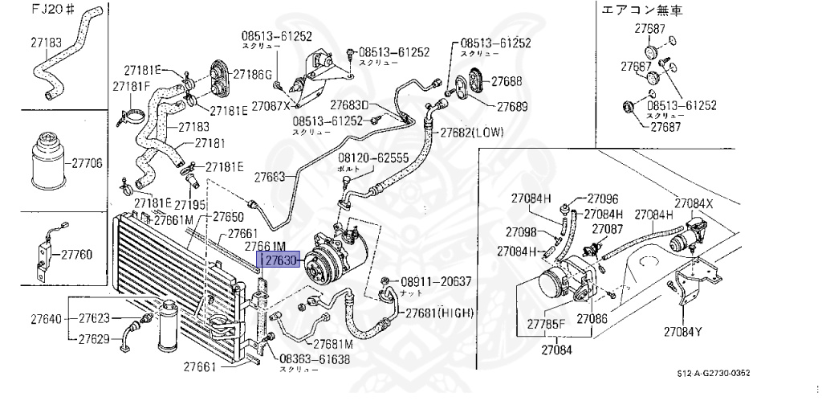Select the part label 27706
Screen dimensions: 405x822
coord(87,163)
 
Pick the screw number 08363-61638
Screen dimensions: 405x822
coord(315,359)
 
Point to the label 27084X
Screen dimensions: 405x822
coord(694,203)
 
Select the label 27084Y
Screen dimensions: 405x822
coord(683,330)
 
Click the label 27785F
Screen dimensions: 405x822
coord(547,325)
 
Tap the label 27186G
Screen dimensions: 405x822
coord(253,75)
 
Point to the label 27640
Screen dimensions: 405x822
coord(46,319)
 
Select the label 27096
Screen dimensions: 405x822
coord(603,198)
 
